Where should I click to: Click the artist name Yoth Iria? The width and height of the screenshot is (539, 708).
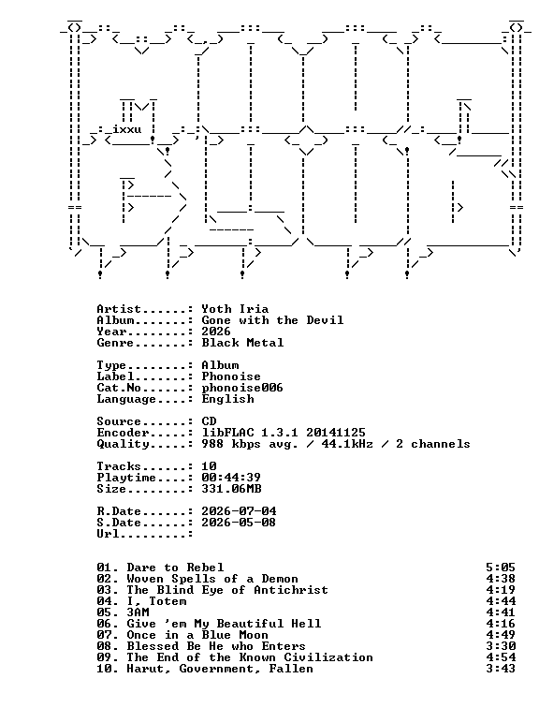tap(235, 309)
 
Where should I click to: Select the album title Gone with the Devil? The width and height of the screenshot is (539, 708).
tap(272, 320)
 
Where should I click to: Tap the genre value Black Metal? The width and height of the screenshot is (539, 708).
tap(242, 343)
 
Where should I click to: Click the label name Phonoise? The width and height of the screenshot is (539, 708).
tap(231, 376)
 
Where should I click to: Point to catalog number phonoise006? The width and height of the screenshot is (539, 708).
tap(242, 388)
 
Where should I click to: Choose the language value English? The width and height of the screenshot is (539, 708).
tap(227, 399)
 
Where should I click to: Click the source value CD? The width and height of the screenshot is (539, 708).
tap(209, 421)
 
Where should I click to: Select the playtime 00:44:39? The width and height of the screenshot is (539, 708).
tap(231, 478)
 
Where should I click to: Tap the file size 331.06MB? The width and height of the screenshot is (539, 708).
tap(231, 489)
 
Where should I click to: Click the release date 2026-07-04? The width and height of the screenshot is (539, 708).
tap(239, 511)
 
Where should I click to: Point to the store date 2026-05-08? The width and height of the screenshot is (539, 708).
tap(239, 523)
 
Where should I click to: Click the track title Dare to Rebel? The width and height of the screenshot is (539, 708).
tap(175, 568)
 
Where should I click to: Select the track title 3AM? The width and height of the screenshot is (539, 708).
tap(138, 612)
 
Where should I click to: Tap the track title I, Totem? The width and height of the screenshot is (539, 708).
tap(156, 601)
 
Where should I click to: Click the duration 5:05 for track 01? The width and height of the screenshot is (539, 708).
tap(501, 568)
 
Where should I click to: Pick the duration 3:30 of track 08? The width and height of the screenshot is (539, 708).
tap(501, 646)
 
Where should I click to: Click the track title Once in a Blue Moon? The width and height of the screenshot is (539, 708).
tap(197, 635)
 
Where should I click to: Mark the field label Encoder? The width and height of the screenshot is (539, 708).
tap(123, 433)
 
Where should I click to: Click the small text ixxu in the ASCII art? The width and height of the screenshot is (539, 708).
tap(127, 130)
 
